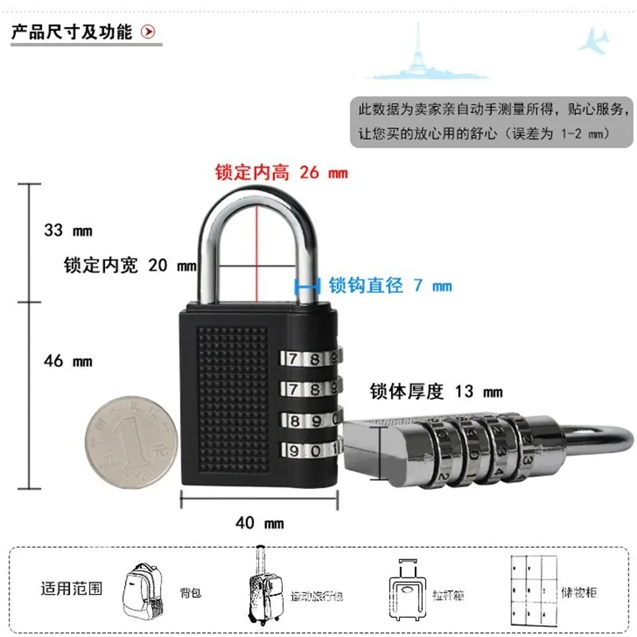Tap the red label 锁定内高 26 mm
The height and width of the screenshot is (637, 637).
click(281, 172)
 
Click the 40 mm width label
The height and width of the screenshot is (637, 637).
click(260, 523)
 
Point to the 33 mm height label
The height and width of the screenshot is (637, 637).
click(68, 231)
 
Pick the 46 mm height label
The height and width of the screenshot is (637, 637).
click(68, 361)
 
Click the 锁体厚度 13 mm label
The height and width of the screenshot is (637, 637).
click(436, 391)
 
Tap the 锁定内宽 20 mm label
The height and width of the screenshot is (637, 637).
click(130, 266)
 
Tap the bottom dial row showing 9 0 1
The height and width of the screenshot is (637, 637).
click(309, 449)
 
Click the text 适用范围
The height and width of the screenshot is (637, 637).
click(72, 589)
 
